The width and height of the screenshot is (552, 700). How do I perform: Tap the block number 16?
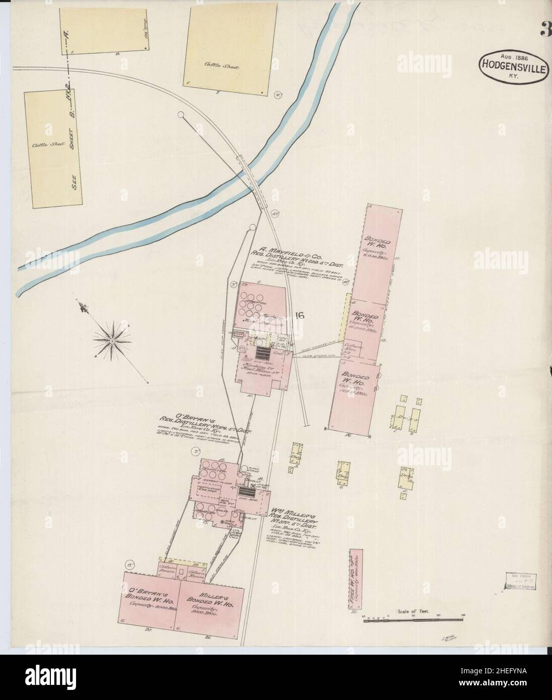click(300, 316)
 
